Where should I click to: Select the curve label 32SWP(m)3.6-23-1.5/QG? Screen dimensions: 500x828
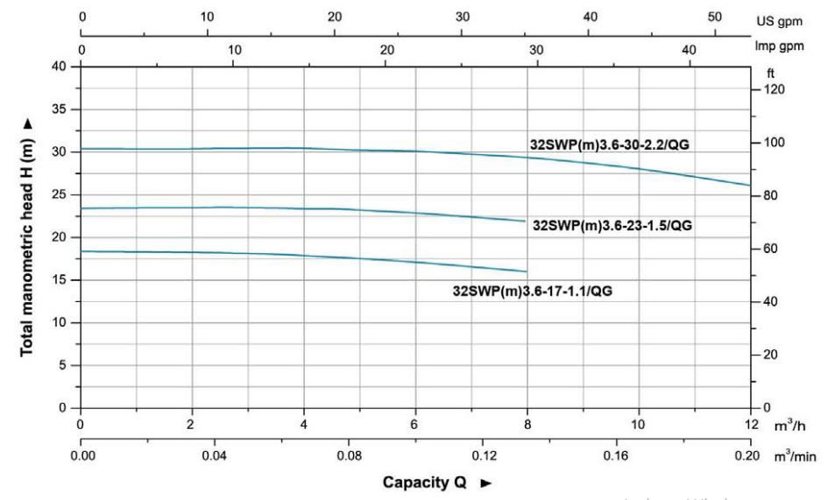pos(612,225)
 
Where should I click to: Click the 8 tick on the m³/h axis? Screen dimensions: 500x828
pos(527,425)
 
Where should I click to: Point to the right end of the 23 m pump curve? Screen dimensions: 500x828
pos(526,221)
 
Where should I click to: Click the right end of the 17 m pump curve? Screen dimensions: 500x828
pos(527,271)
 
